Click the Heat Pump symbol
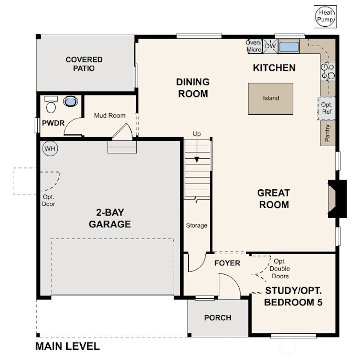tap(325, 17)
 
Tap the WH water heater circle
tap(50, 148)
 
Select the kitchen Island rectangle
tap(271, 98)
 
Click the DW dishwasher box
tap(270, 46)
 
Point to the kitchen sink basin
tap(288, 46)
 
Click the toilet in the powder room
tap(51, 105)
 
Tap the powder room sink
tap(70, 102)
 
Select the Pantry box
tap(328, 133)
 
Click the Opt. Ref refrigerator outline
tap(326, 108)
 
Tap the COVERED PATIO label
tap(84, 64)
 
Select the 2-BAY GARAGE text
tap(110, 218)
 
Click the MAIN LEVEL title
tap(68, 346)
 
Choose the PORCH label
tap(217, 318)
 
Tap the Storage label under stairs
tap(196, 226)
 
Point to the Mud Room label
tap(109, 116)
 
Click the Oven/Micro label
tap(254, 46)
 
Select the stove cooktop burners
tap(328, 72)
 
